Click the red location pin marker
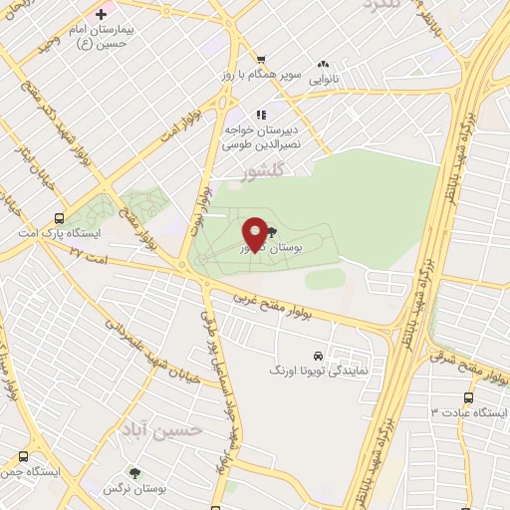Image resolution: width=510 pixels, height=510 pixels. pyautogui.click(x=255, y=234)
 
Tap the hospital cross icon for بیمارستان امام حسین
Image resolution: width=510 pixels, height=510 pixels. pyautogui.click(x=101, y=14)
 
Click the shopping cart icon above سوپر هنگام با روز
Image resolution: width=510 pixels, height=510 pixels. pyautogui.click(x=260, y=59)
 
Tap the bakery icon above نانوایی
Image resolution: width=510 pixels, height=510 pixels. pyautogui.click(x=322, y=62)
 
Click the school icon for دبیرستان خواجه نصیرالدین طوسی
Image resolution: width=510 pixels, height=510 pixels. pyautogui.click(x=261, y=115)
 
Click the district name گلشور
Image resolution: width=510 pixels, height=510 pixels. pyautogui.click(x=263, y=172)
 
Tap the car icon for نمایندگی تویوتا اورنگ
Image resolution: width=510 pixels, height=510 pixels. pyautogui.click(x=317, y=355)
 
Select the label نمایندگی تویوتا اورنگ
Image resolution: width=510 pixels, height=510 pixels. pyautogui.click(x=320, y=370)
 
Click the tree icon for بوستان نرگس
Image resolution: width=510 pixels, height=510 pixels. pyautogui.click(x=134, y=474)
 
